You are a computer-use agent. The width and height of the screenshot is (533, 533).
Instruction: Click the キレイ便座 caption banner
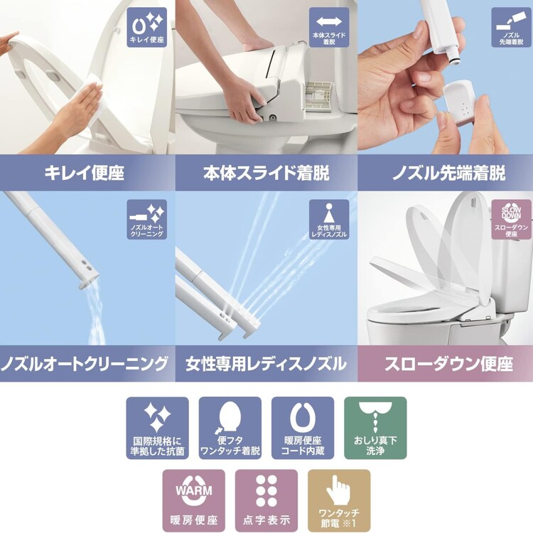(87, 173)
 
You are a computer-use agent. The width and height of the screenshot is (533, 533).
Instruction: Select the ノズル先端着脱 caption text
(445, 173)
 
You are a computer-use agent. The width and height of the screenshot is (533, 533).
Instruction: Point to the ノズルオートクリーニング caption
(87, 365)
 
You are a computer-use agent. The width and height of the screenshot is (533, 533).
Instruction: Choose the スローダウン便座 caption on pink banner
(445, 365)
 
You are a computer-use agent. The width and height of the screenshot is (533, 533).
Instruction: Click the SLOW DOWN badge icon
(511, 219)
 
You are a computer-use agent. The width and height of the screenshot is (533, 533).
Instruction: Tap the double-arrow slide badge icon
(329, 28)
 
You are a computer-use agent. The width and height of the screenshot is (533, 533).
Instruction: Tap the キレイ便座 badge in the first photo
(146, 28)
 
